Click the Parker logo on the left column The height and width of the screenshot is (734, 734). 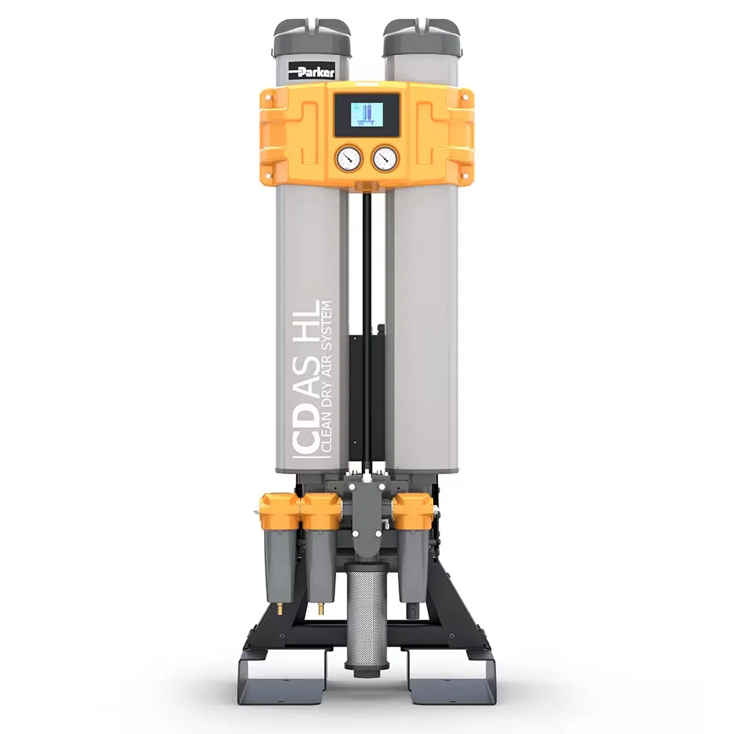pyautogui.click(x=310, y=71)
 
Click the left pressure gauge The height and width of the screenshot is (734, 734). pyautogui.click(x=348, y=159)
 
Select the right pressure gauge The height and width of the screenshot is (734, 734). pyautogui.click(x=385, y=159)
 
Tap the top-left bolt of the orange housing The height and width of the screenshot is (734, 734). pyautogui.click(x=268, y=98)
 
